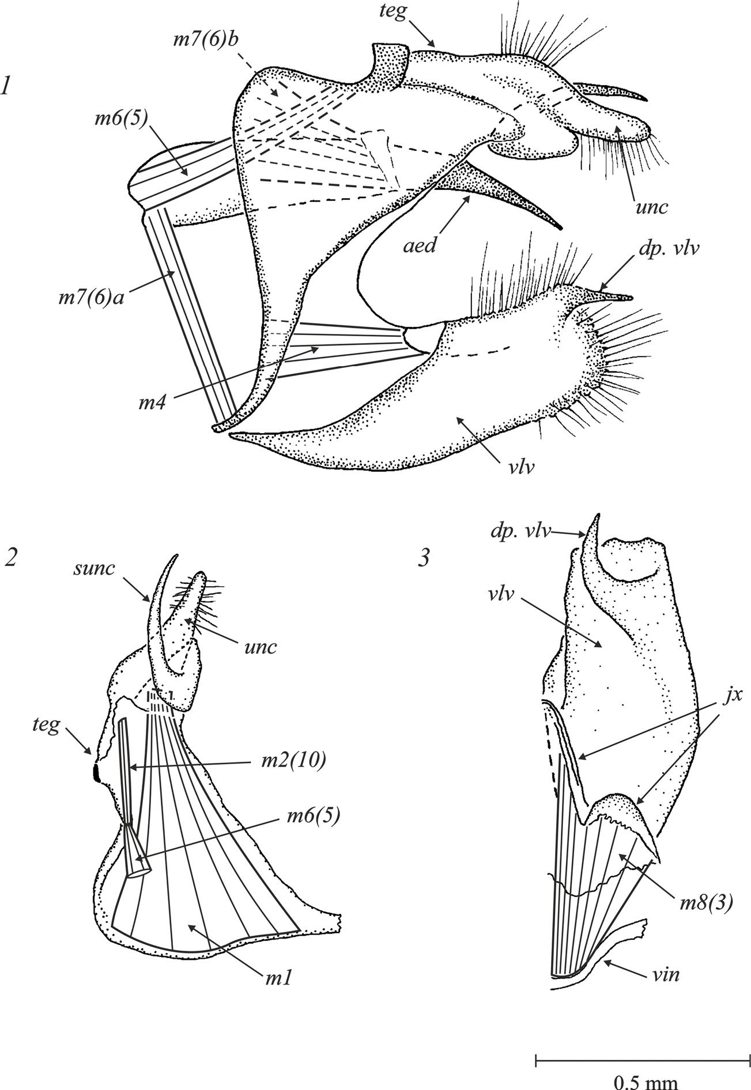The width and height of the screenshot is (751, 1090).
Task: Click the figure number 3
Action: coord(424,558)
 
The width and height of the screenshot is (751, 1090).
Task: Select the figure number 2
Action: coord(9,557)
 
